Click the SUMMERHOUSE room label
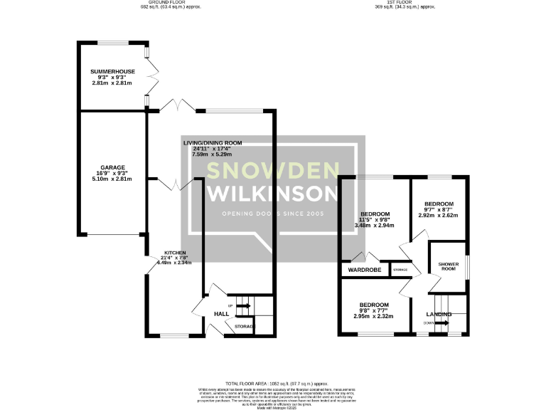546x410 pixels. pyautogui.click(x=107, y=72)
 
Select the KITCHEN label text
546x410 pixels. pyautogui.click(x=176, y=253)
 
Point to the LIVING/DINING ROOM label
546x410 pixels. pyautogui.click(x=213, y=143)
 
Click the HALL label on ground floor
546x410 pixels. pyautogui.click(x=221, y=314)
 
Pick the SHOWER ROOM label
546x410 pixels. pyautogui.click(x=447, y=265)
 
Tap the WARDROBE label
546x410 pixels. pyautogui.click(x=365, y=270)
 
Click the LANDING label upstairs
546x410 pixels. pyautogui.click(x=439, y=314)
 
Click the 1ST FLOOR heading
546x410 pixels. pyautogui.click(x=405, y=2)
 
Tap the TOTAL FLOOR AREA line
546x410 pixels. pyautogui.click(x=272, y=383)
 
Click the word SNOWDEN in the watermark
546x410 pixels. pyautogui.click(x=272, y=171)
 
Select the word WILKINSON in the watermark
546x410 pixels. pyautogui.click(x=272, y=194)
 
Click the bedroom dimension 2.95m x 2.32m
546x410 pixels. pyautogui.click(x=374, y=316)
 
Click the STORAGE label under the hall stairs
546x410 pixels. pyautogui.click(x=244, y=326)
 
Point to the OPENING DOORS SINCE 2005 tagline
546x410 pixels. pyautogui.click(x=272, y=214)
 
